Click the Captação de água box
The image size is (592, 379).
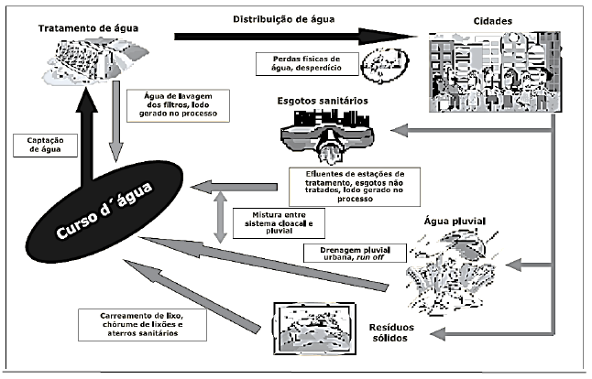tap(39, 146)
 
